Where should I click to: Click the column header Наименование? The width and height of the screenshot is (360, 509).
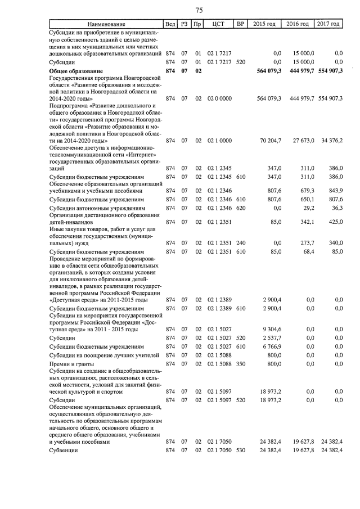(x=106, y=24)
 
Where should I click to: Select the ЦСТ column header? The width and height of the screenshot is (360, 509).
(x=219, y=24)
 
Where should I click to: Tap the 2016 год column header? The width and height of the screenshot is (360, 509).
(x=298, y=24)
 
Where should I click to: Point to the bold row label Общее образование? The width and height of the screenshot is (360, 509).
(x=76, y=71)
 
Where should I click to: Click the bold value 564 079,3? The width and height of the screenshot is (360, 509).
(x=268, y=71)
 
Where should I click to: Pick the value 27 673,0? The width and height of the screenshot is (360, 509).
(x=301, y=141)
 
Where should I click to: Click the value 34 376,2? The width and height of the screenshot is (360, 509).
(x=330, y=141)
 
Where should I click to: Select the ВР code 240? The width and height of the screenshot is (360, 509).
(x=241, y=243)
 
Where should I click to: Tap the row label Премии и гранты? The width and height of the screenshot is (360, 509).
(x=70, y=364)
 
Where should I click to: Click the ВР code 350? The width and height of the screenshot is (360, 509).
(x=241, y=364)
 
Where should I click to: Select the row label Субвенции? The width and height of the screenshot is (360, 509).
(x=64, y=451)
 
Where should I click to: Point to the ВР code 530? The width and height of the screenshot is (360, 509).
(x=241, y=451)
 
